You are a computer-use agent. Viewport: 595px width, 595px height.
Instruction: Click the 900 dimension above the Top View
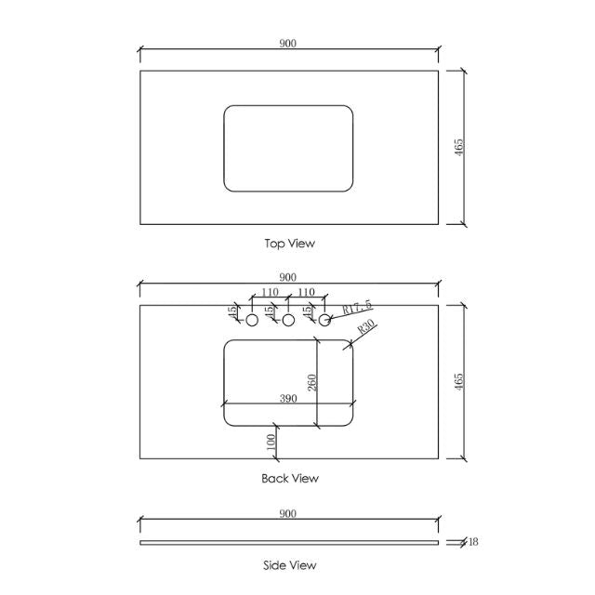pos(288,43)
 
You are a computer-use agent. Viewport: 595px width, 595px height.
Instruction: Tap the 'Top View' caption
pos(290,244)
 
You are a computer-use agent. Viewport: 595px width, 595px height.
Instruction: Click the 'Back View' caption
pos(290,479)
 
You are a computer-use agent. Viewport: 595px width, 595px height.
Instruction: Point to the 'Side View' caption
pos(290,564)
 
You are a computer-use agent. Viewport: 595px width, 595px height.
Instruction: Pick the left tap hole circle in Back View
pos(251,320)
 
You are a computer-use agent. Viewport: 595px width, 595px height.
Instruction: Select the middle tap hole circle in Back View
pos(288,320)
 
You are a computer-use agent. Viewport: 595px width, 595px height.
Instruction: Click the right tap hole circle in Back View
pos(325,320)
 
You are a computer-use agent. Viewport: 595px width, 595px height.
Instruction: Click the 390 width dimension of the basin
pos(288,398)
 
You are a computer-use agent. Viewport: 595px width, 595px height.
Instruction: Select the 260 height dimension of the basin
pos(312,382)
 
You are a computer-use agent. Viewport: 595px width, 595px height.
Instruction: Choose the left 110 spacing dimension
pos(270,292)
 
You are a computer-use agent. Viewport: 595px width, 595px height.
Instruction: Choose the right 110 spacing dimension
pos(307,292)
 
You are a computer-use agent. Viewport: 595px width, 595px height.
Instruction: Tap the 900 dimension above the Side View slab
pos(288,513)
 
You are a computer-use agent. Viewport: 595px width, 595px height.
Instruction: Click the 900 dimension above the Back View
pos(288,277)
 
